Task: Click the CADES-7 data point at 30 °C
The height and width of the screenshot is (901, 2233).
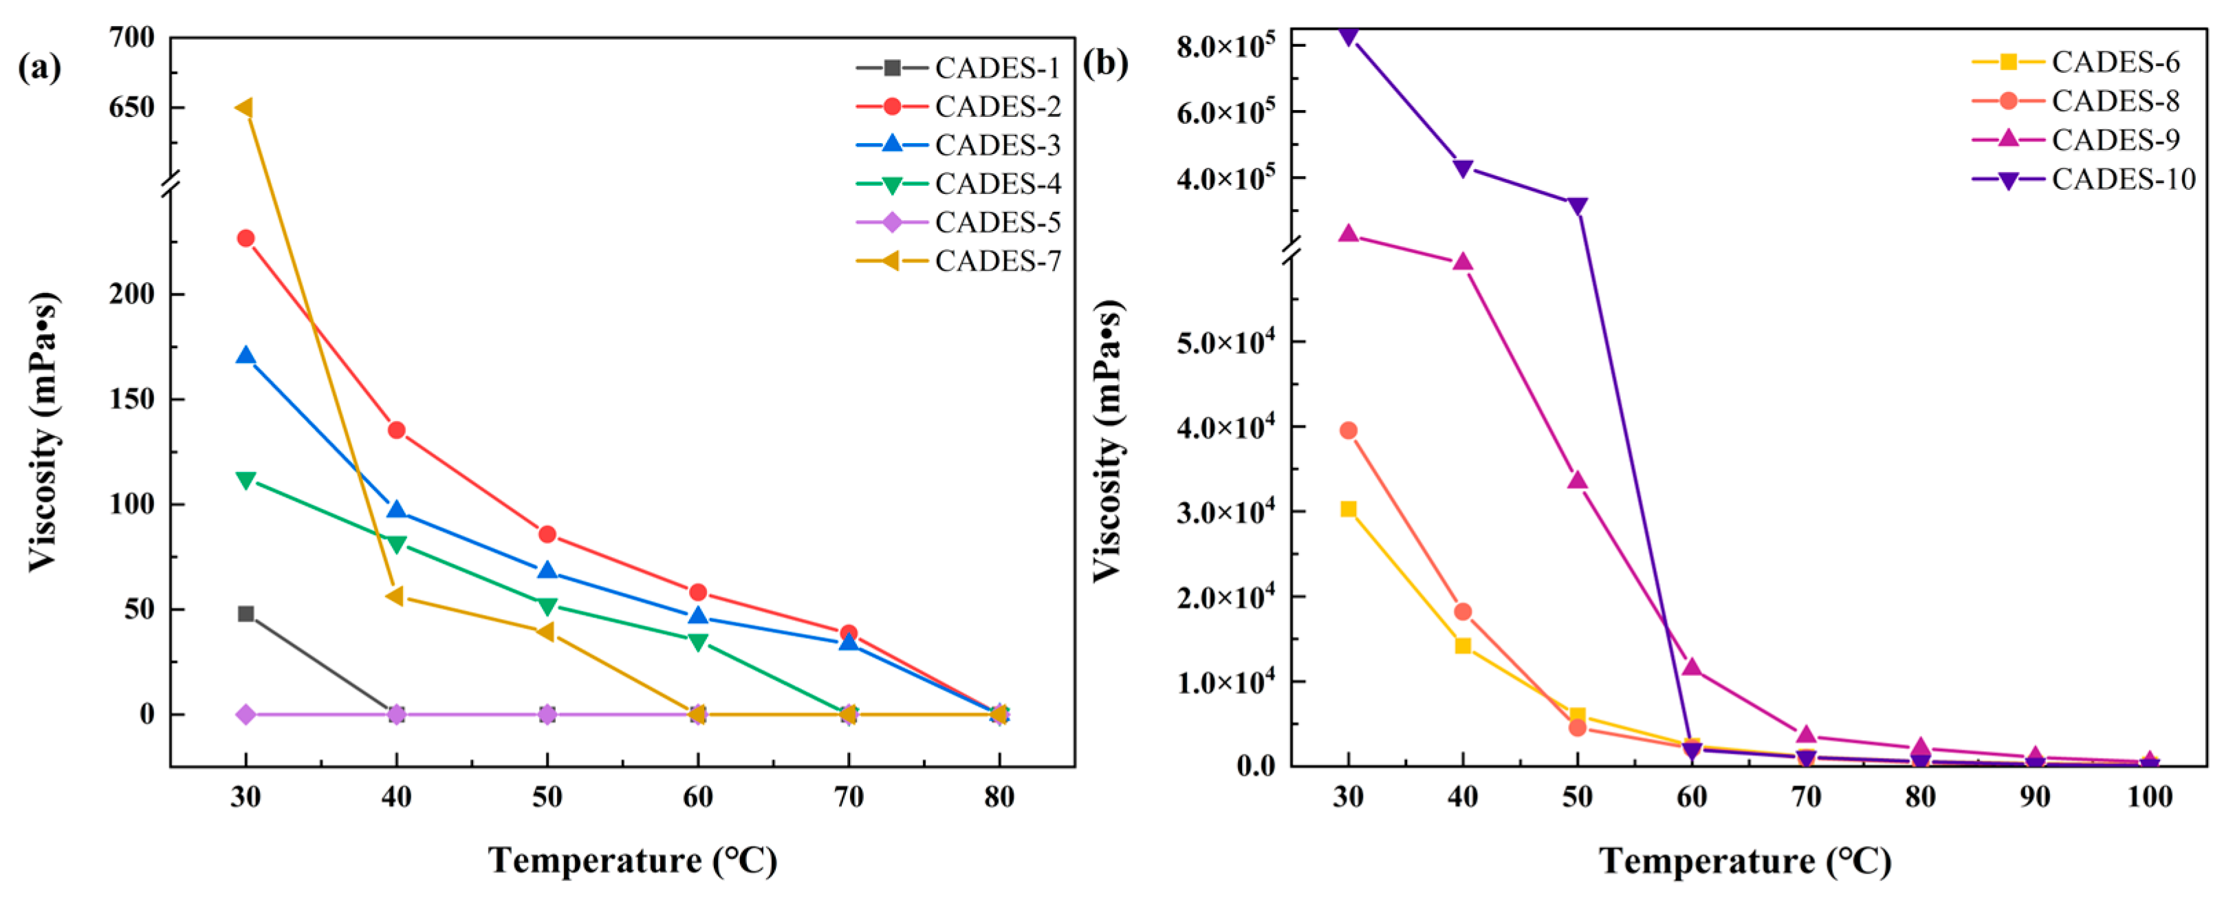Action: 246,107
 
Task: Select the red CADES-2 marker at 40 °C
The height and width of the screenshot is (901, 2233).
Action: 396,430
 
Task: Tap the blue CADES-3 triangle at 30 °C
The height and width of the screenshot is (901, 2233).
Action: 246,356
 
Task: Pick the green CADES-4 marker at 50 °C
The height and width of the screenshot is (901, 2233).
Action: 547,605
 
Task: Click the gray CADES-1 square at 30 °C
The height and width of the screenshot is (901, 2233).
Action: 246,614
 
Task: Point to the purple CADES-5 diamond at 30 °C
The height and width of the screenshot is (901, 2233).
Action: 246,715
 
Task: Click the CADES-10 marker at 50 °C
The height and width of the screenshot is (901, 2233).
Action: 1577,206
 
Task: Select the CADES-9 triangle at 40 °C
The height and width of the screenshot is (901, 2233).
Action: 1462,262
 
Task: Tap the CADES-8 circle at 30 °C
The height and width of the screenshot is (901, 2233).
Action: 1348,430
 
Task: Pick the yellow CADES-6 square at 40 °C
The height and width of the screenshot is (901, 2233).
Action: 1462,645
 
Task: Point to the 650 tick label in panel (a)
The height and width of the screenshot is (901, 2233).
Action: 132,107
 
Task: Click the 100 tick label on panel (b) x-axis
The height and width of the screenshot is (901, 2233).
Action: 2149,797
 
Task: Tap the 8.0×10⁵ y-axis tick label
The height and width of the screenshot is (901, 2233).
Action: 1225,45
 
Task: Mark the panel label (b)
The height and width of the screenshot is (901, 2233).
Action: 1105,63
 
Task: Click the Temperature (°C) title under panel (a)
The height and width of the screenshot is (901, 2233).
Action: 632,860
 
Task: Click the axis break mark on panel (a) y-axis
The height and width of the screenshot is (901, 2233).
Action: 171,184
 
